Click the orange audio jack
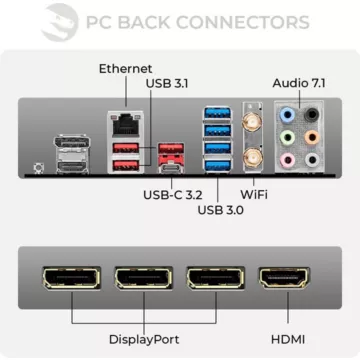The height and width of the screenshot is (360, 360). pos(313,114)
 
